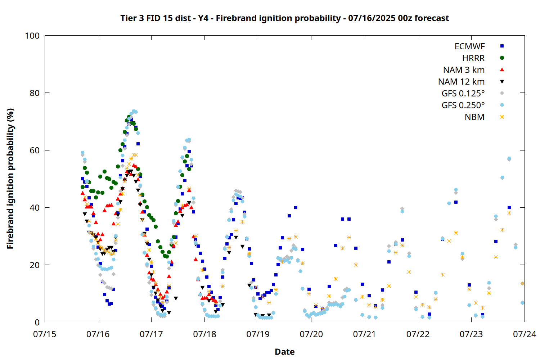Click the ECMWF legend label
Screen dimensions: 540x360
pyautogui.click(x=469, y=46)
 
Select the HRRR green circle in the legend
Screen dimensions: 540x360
pyautogui.click(x=502, y=58)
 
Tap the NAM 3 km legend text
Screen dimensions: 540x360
pyautogui.click(x=464, y=70)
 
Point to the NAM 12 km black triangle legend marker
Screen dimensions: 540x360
pyautogui.click(x=502, y=82)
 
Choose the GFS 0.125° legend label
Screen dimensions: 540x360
pyautogui.click(x=463, y=94)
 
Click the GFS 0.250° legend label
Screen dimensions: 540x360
pyautogui.click(x=463, y=105)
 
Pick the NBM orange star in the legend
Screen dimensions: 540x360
pyautogui.click(x=502, y=117)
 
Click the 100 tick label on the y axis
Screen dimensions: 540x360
pyautogui.click(x=32, y=36)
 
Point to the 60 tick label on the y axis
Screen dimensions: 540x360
pyautogui.click(x=35, y=150)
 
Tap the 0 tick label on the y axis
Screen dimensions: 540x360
pyautogui.click(x=37, y=322)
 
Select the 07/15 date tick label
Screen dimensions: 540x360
pyautogui.click(x=45, y=334)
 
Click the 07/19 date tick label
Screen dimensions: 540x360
pyautogui.click(x=258, y=334)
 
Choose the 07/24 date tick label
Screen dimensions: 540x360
pyautogui.click(x=525, y=334)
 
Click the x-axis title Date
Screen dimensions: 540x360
pyautogui.click(x=285, y=352)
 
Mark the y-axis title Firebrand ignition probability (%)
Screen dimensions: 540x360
pyautogui.click(x=10, y=179)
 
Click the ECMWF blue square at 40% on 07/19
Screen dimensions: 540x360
pyautogui.click(x=296, y=208)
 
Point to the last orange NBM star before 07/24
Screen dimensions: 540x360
pyautogui.click(x=522, y=284)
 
